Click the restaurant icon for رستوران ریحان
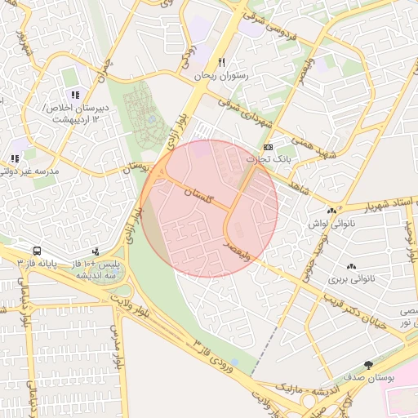[221, 63]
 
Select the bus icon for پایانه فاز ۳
[38, 251]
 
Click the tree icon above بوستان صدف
[369, 364]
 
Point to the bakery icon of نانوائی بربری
[352, 266]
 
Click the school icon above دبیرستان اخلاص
[75, 95]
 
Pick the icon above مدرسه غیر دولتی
[14, 158]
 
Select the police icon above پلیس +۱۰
[97, 251]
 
